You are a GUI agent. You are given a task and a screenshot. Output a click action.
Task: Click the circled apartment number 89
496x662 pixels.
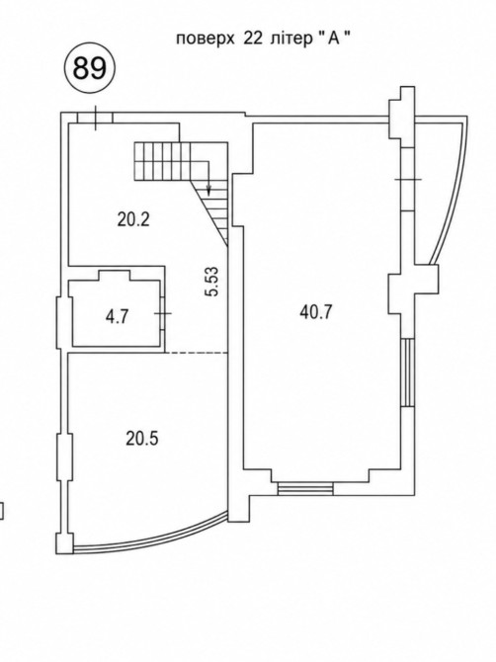89,67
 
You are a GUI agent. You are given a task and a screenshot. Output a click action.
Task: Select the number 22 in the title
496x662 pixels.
252,39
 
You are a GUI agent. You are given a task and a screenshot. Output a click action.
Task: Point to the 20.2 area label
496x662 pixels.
133,219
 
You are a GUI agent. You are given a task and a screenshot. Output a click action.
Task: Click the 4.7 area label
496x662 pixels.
117,316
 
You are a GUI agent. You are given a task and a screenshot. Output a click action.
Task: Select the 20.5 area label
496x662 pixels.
142,439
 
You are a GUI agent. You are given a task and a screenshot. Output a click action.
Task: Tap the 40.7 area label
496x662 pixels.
316,312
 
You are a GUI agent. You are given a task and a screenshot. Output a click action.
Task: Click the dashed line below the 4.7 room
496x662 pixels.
197,353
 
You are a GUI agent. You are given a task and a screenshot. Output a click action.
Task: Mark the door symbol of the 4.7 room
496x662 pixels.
163,313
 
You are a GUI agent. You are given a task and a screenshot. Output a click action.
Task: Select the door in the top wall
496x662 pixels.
96,118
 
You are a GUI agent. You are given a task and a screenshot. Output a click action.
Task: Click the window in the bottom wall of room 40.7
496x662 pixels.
305,488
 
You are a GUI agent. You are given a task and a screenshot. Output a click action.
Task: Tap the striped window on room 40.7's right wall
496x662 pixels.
408,372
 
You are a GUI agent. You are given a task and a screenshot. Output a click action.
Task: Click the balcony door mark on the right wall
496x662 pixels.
408,179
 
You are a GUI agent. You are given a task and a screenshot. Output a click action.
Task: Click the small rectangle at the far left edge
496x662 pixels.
1,511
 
